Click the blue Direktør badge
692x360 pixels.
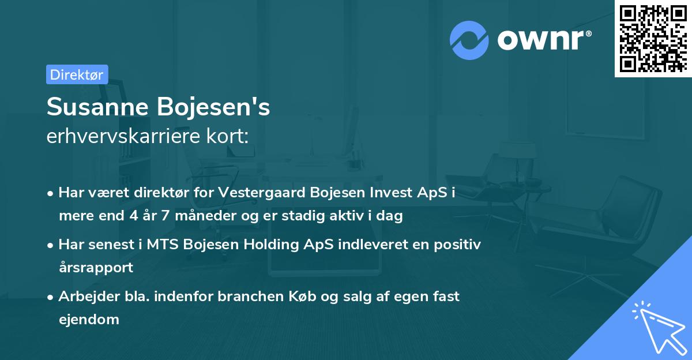pyautogui.click(x=77, y=74)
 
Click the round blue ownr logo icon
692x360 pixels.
pyautogui.click(x=469, y=40)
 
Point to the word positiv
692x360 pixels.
pyautogui.click(x=458, y=245)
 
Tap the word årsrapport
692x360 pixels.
pyautogui.click(x=96, y=268)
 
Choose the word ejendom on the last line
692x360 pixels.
pyautogui.click(x=89, y=319)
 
